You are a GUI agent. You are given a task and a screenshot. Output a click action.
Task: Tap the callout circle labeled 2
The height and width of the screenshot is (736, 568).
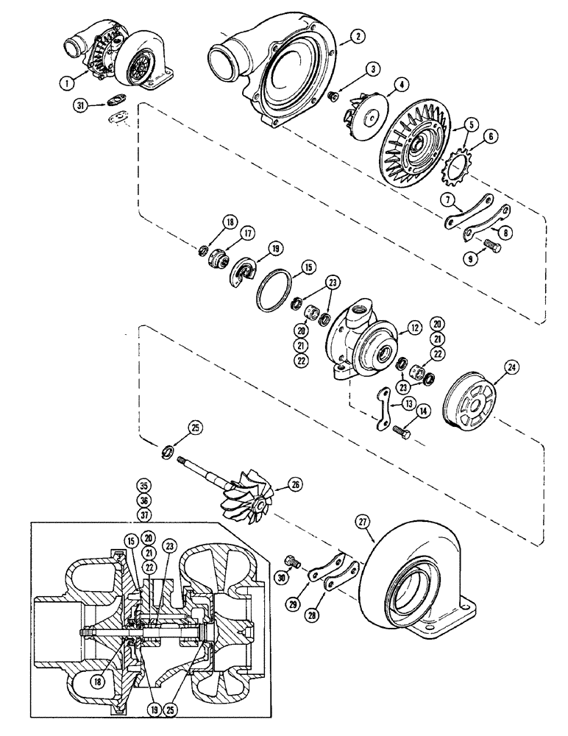(x=355, y=36)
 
